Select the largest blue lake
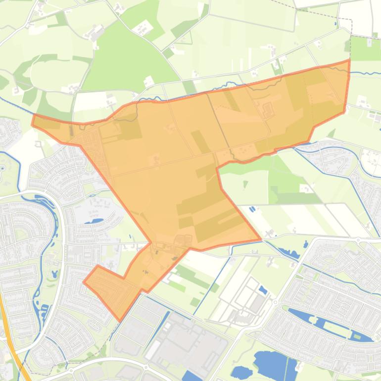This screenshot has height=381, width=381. pyautogui.click(x=275, y=363)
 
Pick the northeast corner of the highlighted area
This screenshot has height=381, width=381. pyautogui.click(x=349, y=60)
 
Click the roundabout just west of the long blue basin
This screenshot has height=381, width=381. pyautogui.click(x=275, y=302)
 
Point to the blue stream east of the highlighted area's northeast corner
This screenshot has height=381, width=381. pyautogui.click(x=366, y=74)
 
